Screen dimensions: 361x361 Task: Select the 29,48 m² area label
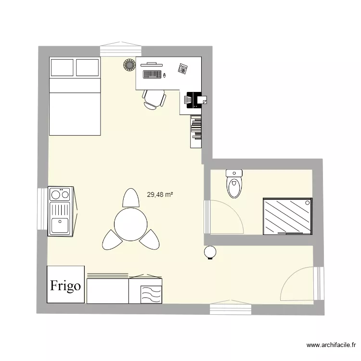(160, 195)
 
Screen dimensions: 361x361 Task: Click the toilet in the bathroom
(234, 184)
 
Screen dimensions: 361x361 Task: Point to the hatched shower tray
(287, 216)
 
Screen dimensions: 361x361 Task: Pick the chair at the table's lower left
(110, 239)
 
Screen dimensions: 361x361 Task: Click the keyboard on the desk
(152, 75)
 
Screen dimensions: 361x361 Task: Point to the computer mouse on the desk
(165, 75)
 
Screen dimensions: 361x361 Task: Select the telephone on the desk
(182, 68)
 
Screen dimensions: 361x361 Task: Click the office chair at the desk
(154, 99)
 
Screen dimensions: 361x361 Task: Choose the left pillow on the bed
(62, 67)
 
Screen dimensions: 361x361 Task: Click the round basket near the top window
(129, 64)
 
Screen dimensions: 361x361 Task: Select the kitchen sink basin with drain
(60, 224)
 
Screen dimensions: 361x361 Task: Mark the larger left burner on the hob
(55, 194)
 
